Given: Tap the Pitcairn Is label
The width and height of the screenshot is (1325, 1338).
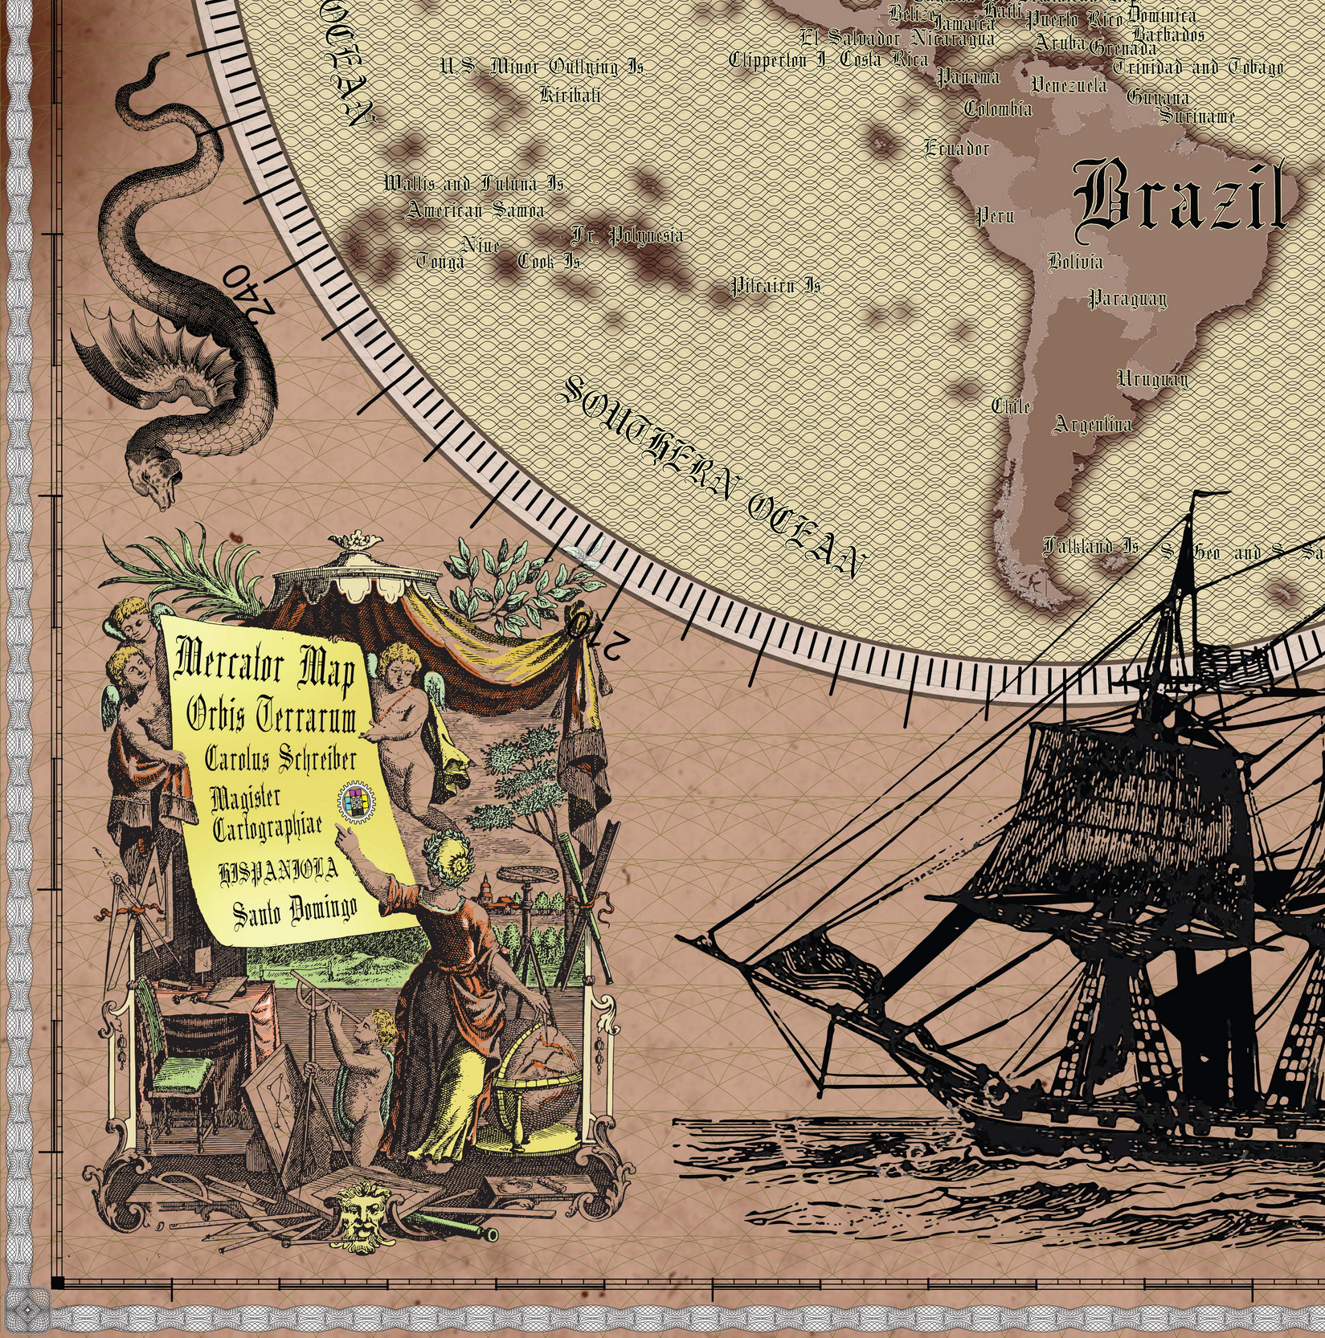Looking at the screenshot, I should (x=775, y=286).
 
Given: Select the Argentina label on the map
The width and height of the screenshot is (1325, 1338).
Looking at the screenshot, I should (x=1092, y=424).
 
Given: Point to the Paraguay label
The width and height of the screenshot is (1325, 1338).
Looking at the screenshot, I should (x=1127, y=300).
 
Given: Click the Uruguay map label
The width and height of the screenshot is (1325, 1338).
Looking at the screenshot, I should (x=1152, y=378).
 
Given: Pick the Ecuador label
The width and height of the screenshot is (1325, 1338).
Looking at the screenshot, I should (x=957, y=148).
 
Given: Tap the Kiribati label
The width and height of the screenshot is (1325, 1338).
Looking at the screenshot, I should (x=570, y=95).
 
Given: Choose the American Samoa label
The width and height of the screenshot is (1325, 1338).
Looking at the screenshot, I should (x=476, y=210).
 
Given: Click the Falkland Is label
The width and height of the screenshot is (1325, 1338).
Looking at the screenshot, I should (x=1090, y=547).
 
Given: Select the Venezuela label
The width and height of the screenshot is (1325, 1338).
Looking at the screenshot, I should (x=1069, y=84).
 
